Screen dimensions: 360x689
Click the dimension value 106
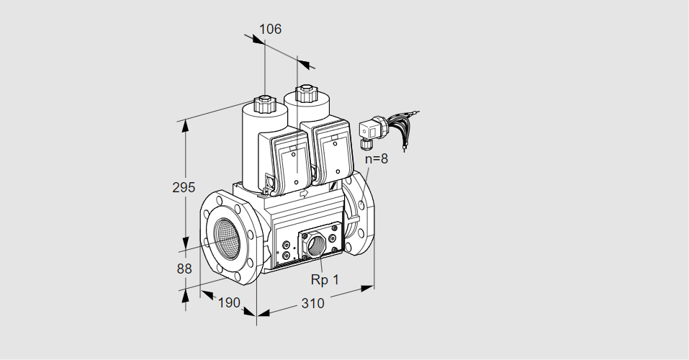click(x=270, y=30)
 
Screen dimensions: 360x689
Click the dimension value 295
click(x=184, y=188)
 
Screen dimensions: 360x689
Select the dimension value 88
click(x=184, y=269)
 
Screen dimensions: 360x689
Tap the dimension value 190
click(x=228, y=302)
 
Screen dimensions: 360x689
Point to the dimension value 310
click(x=312, y=303)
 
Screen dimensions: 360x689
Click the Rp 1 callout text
click(x=325, y=279)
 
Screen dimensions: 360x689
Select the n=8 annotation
click(x=376, y=159)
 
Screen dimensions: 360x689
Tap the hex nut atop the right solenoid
click(x=307, y=93)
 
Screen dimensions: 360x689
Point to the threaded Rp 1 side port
click(x=315, y=246)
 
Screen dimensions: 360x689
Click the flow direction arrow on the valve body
click(x=303, y=193)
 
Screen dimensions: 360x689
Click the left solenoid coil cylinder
click(x=253, y=148)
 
